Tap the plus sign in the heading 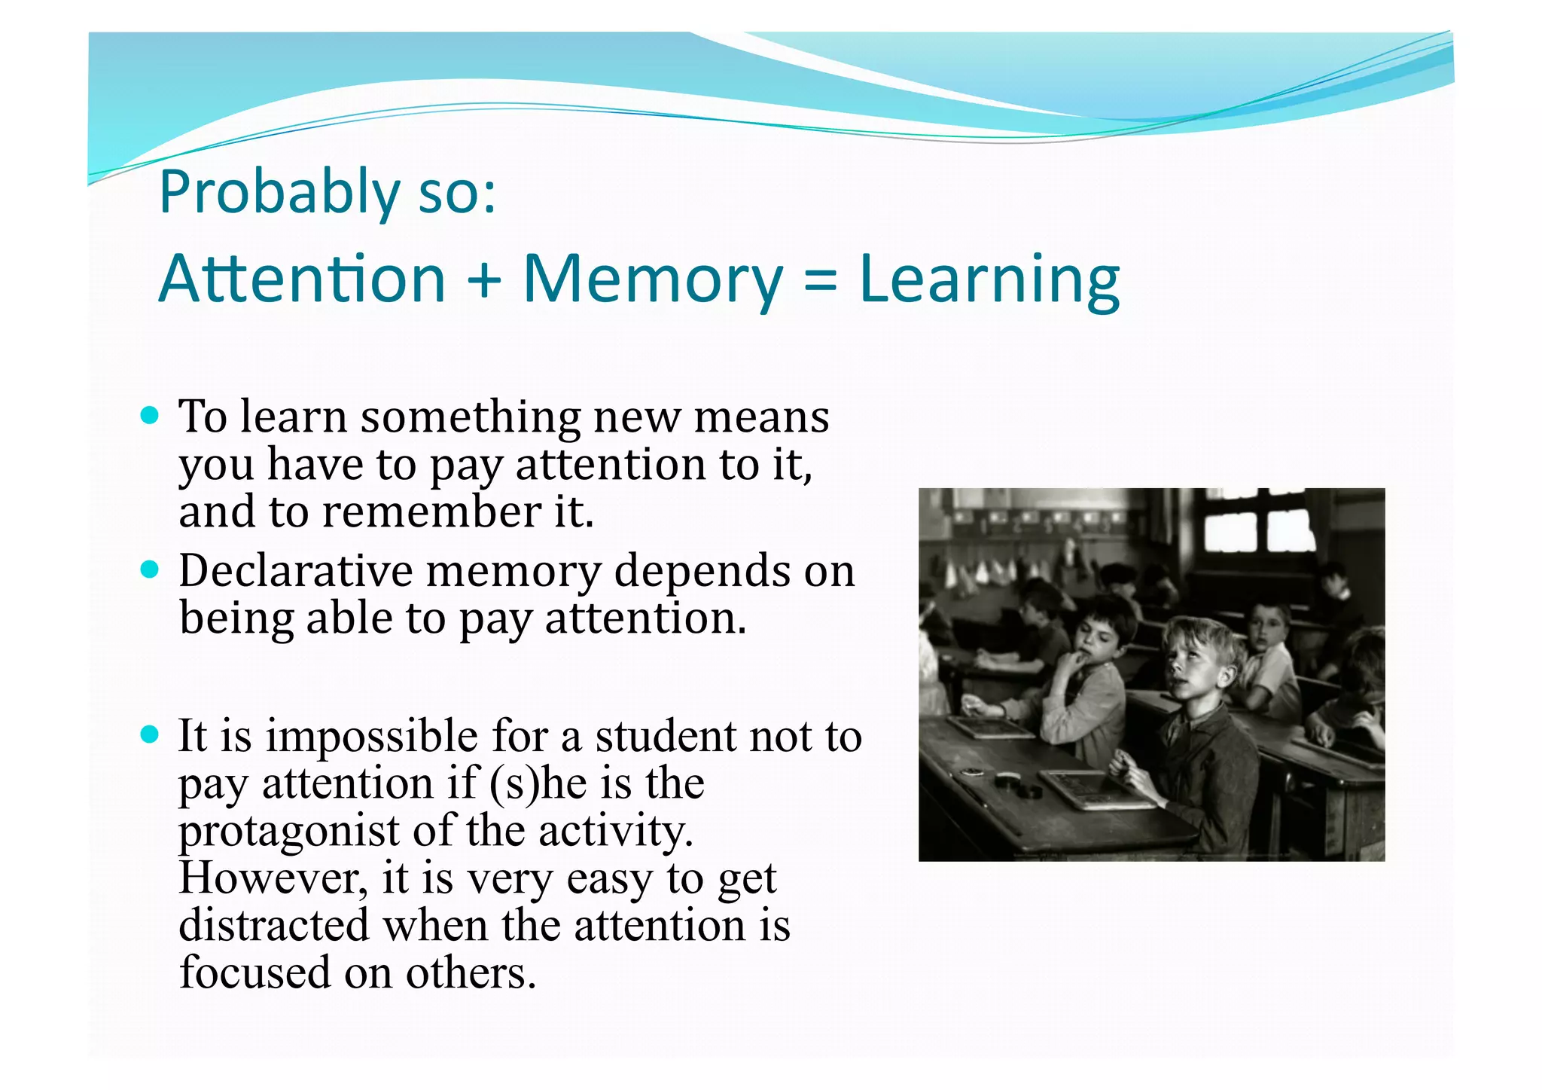484,279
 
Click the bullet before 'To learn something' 151,415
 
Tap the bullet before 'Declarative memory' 151,569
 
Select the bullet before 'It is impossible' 151,734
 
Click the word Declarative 296,570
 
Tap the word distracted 274,925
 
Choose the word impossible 371,736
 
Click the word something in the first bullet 471,417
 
